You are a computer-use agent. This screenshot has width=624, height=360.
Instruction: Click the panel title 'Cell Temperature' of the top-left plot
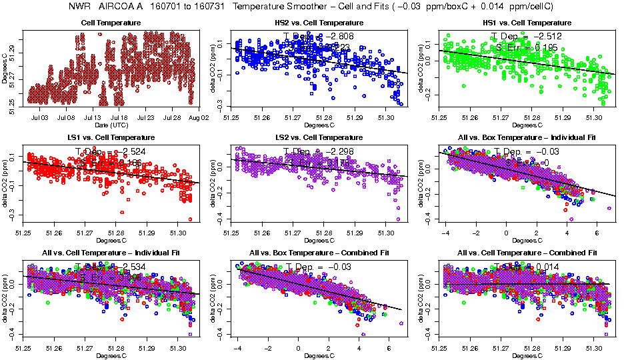pos(111,23)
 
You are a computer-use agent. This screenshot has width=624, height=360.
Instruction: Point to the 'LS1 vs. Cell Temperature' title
pos(111,138)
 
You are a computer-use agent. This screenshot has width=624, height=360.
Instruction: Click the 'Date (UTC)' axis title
pos(111,125)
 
